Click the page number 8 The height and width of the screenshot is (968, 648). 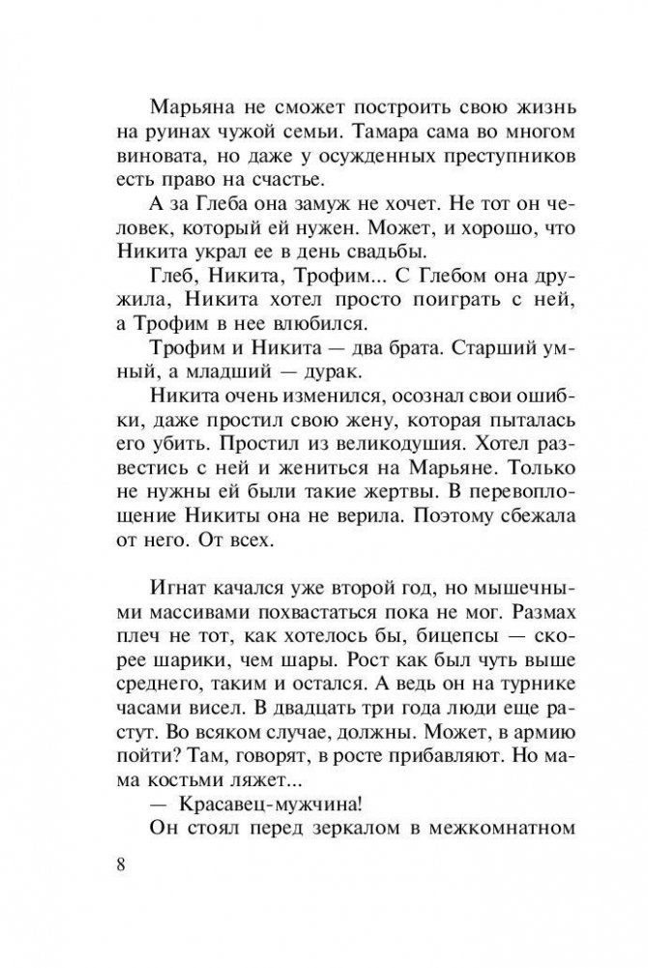[120, 864]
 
